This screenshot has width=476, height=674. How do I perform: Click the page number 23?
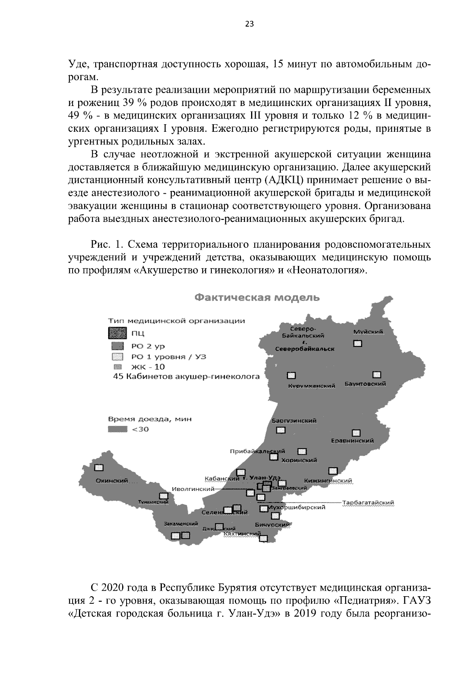point(249,24)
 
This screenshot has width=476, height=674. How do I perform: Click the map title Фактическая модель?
point(257,298)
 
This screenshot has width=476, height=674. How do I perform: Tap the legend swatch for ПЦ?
point(116,333)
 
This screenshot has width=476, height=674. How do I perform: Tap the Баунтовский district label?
point(365,384)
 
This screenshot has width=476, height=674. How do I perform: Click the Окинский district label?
point(111,481)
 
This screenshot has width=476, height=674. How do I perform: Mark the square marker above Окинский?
point(98,468)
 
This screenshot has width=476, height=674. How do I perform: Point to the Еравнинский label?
point(353,441)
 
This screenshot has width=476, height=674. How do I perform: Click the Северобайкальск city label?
point(305,349)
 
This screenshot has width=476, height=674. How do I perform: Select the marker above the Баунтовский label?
point(376,374)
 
